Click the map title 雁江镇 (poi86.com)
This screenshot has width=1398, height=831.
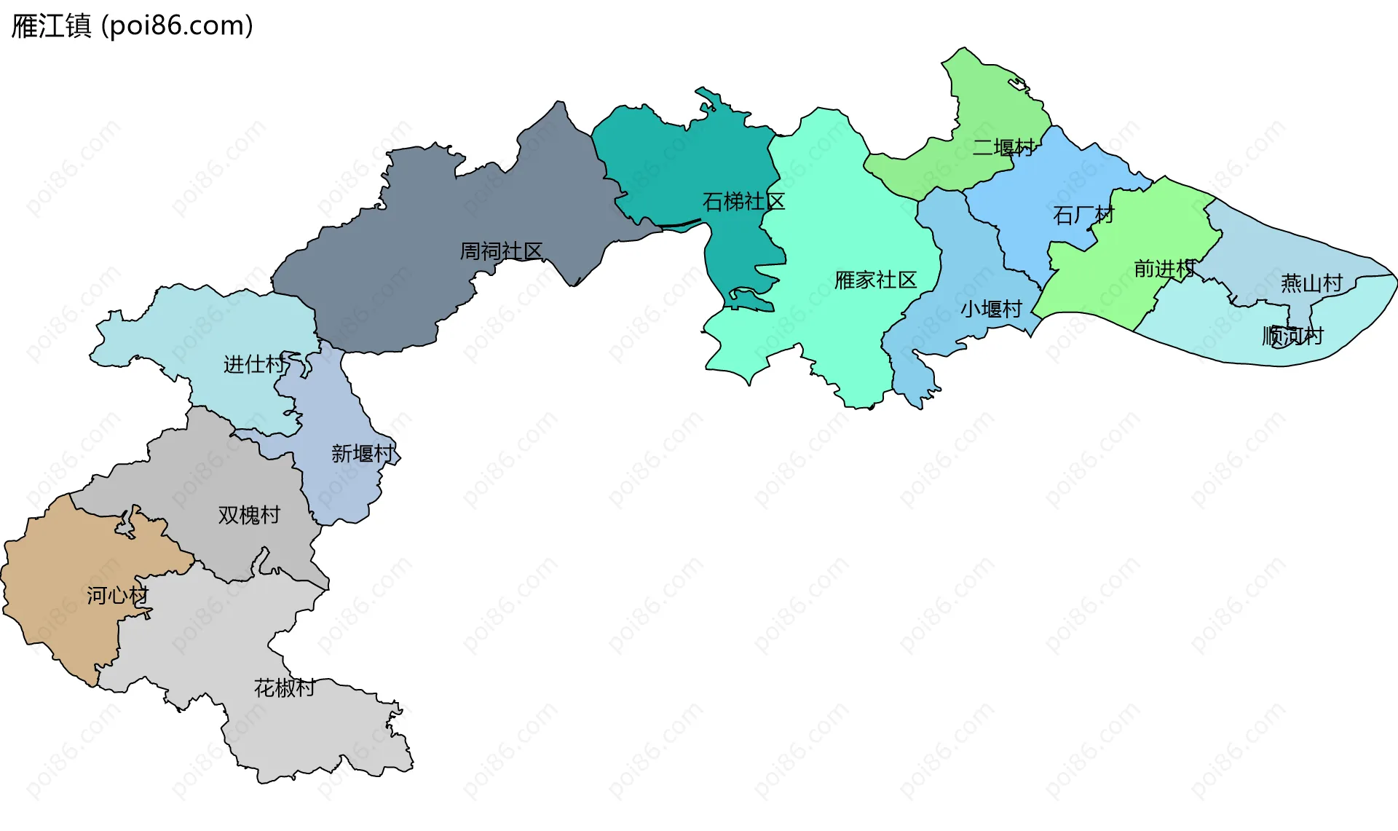click(133, 25)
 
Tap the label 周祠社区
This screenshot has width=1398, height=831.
click(501, 251)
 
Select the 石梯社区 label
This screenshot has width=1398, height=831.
click(743, 202)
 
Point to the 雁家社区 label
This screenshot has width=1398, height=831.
click(875, 280)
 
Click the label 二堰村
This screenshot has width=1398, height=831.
click(1003, 148)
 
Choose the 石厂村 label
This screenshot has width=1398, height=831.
click(1083, 216)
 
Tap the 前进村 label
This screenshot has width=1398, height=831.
click(1164, 269)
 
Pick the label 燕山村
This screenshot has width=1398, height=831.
click(1311, 283)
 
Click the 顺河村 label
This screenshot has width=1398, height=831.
click(1292, 336)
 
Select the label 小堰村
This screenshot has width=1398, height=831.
click(991, 309)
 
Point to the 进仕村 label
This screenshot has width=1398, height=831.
click(254, 364)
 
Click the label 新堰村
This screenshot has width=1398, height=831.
click(362, 454)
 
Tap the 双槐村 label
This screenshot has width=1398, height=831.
click(249, 515)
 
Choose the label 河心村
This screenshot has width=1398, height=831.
click(117, 596)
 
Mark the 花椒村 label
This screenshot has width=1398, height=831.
click(284, 688)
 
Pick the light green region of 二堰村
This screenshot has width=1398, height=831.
click(998, 95)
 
